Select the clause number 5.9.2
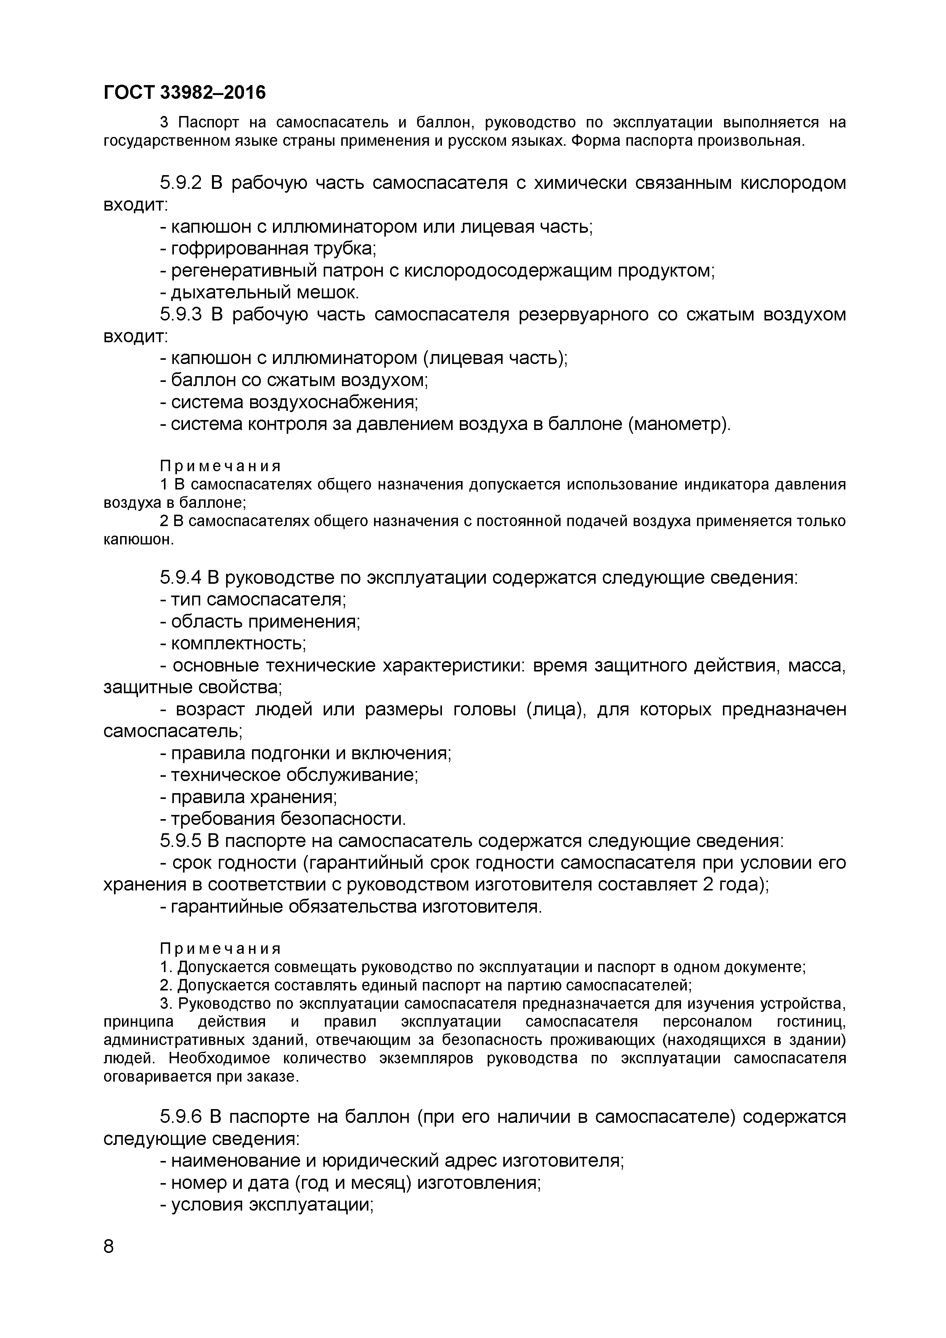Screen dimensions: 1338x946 click(181, 183)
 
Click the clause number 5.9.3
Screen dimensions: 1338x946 click(181, 315)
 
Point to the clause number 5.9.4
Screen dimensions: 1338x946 click(181, 578)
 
